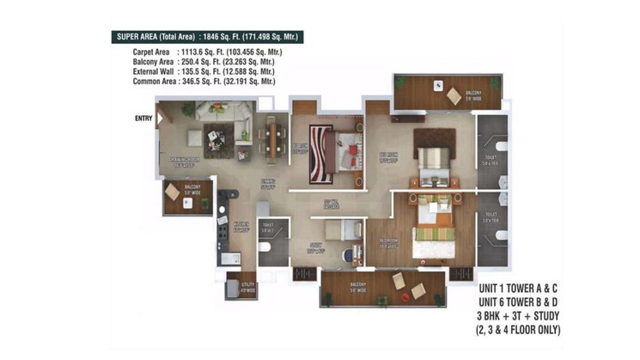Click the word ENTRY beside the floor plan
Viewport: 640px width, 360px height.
143,119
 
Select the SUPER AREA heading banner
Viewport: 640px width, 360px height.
209,37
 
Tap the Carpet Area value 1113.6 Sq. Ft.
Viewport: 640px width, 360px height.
229,52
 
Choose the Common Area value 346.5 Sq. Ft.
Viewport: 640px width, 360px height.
229,81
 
